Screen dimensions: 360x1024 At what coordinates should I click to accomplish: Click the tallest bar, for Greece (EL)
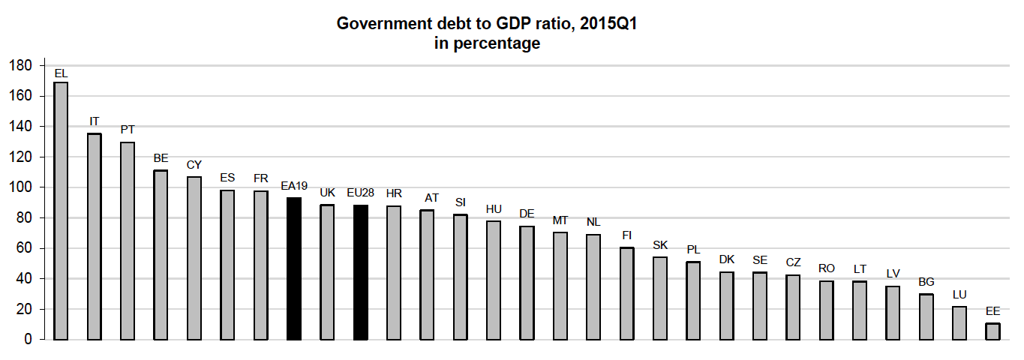pos(61,211)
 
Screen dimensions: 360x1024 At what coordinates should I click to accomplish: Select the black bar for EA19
pos(294,268)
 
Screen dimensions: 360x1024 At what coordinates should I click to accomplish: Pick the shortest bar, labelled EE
pos(992,331)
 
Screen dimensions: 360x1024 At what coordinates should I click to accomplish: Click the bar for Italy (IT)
pos(95,236)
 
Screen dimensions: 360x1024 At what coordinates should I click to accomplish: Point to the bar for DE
pos(527,283)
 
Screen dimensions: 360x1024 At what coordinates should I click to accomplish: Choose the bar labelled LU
pos(959,323)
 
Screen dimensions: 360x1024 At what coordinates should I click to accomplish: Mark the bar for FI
pos(626,293)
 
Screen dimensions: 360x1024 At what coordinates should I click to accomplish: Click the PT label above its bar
pos(128,130)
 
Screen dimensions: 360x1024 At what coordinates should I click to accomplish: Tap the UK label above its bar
pos(327,193)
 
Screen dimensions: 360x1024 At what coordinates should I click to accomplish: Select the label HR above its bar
pos(394,193)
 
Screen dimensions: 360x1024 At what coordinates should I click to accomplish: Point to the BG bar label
pos(926,282)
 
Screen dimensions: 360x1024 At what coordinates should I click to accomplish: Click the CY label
pos(194,164)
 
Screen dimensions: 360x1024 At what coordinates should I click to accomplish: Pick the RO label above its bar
pos(827,268)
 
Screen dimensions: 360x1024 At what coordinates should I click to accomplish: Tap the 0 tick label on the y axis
pos(28,340)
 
